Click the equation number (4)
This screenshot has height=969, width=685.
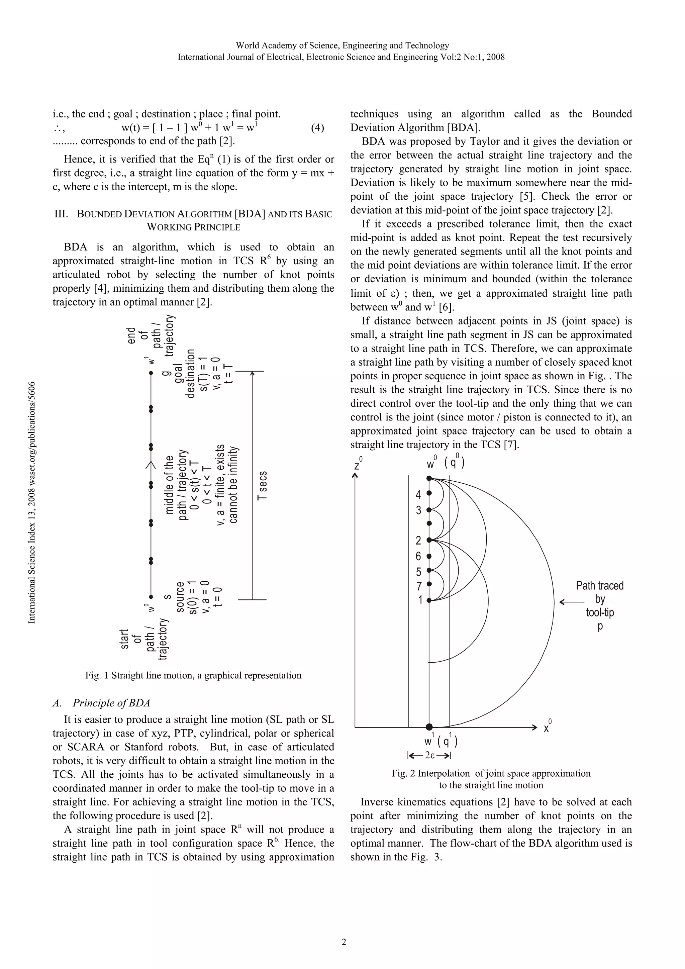pos(317,128)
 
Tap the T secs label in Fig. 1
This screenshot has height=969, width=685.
pos(262,486)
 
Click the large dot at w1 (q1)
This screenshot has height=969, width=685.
pos(429,727)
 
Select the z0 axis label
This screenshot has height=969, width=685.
pos(358,464)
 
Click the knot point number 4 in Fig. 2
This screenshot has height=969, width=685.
pos(418,495)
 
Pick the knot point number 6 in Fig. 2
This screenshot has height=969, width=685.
pos(418,556)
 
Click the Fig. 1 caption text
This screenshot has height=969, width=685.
pos(193,675)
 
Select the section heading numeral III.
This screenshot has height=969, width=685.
pos(62,214)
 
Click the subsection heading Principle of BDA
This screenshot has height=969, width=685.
pos(111,703)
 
